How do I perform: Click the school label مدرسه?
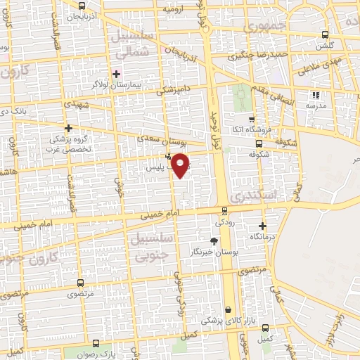[x=316, y=105]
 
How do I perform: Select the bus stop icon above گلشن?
[x=324, y=34]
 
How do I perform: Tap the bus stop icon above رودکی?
[x=225, y=210]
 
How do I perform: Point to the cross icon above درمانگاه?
[x=263, y=226]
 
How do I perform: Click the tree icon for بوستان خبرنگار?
[x=214, y=241]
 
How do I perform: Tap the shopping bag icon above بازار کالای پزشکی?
[x=228, y=309]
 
